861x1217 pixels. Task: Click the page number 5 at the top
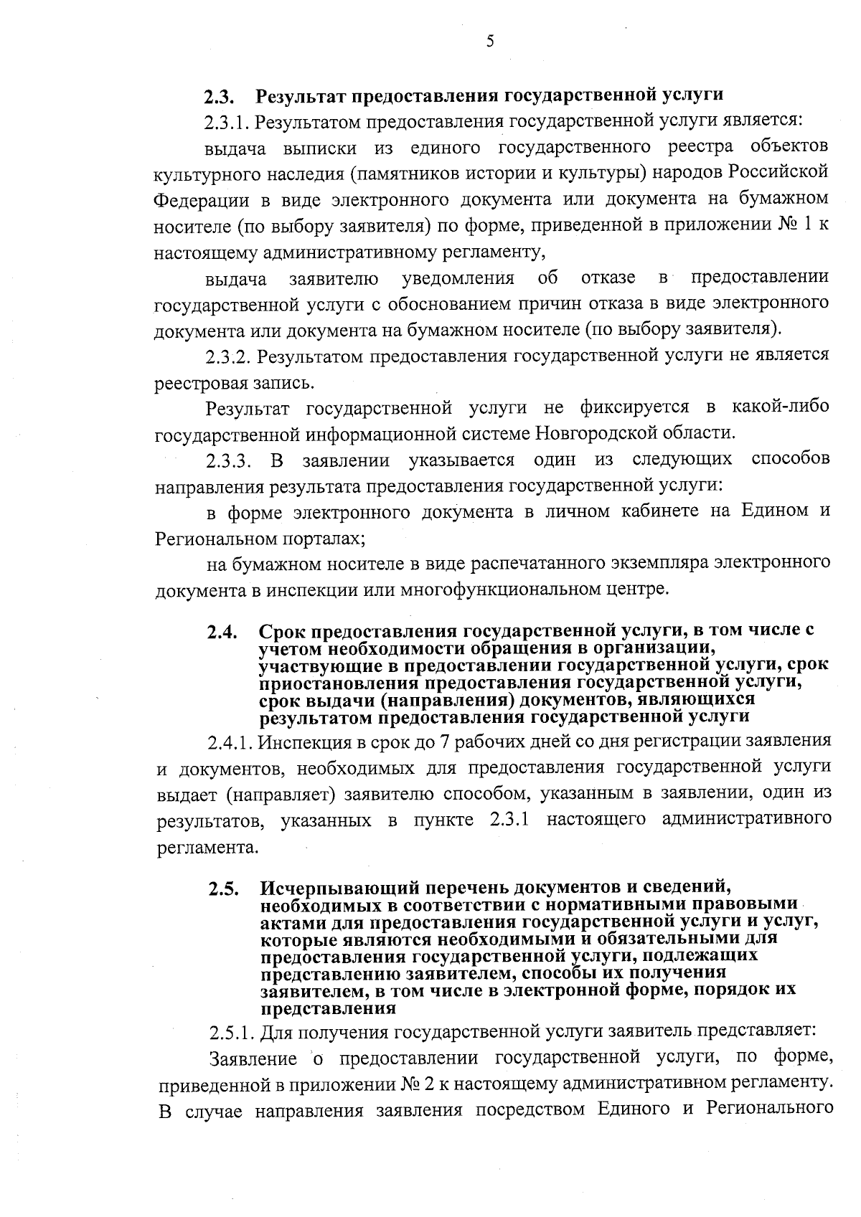point(490,42)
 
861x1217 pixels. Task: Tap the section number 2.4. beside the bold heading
point(222,633)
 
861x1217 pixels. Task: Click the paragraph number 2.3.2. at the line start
point(229,356)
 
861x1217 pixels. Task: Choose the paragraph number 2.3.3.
point(229,459)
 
